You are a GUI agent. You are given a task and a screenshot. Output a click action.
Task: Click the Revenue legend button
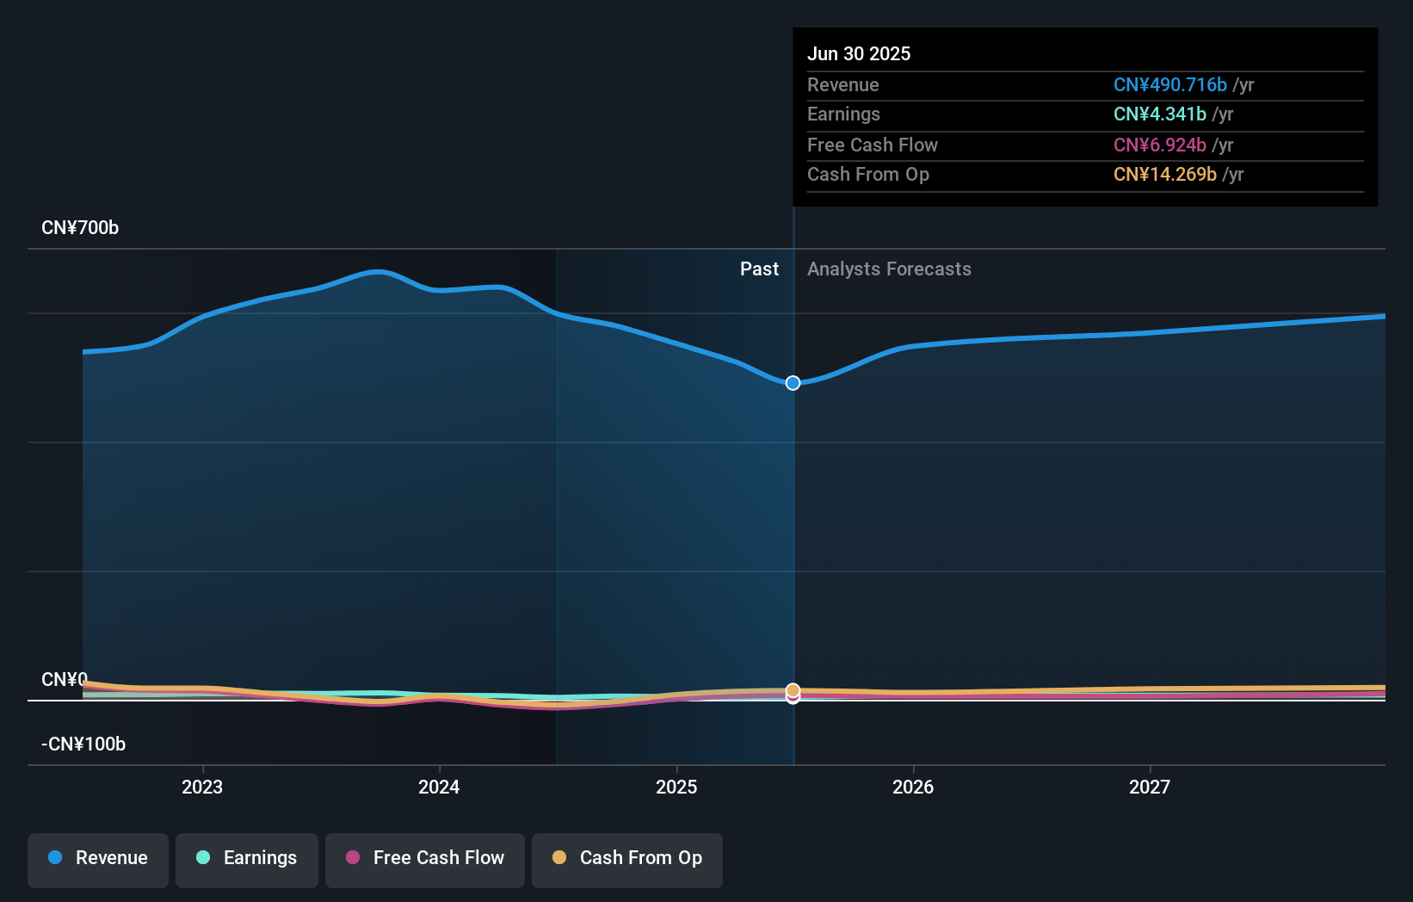(98, 859)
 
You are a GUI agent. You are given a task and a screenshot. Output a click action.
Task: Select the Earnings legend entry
(247, 859)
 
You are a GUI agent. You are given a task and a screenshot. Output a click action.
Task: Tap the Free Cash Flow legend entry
(425, 859)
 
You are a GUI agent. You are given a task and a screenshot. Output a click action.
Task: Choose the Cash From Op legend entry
(627, 859)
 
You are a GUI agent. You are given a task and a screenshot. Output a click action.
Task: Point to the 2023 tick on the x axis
(202, 787)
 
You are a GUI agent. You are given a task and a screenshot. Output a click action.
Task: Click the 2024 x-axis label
(439, 787)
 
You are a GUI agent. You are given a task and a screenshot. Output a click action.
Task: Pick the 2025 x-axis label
(676, 787)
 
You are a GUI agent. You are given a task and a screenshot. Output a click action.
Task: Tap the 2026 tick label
(913, 787)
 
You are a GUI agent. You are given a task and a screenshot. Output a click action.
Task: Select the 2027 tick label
(1150, 787)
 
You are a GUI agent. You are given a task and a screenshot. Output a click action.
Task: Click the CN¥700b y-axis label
(80, 228)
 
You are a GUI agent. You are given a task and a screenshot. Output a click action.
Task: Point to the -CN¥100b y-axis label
(83, 744)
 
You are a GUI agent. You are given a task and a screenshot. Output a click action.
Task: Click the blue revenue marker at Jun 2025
(793, 383)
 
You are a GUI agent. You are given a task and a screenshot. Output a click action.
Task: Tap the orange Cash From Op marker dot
(793, 690)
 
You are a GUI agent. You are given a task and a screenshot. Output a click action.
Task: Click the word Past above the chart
(759, 269)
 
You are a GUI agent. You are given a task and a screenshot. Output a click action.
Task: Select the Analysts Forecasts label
(889, 269)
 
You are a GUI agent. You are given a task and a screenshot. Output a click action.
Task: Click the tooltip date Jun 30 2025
(859, 53)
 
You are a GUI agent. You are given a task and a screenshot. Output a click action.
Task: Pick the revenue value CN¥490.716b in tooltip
(1169, 85)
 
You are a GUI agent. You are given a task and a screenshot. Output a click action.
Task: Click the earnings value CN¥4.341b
(1159, 114)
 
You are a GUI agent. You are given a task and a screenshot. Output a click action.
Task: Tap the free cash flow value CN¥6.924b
(1159, 145)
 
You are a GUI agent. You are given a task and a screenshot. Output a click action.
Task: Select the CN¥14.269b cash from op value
(1164, 175)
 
